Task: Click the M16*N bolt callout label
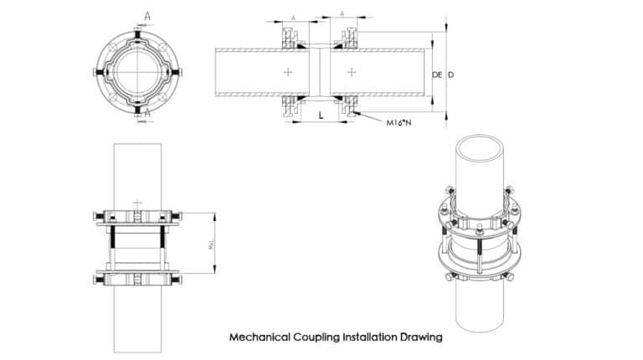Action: pyautogui.click(x=401, y=122)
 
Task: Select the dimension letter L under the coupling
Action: pyautogui.click(x=321, y=116)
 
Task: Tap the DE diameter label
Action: pyautogui.click(x=436, y=75)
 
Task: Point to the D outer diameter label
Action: pyautogui.click(x=451, y=75)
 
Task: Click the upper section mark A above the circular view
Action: pyautogui.click(x=147, y=15)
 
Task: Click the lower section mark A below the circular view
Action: pyautogui.click(x=147, y=111)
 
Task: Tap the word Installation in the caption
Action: pyautogui.click(x=369, y=338)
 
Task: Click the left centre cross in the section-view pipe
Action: pyautogui.click(x=288, y=73)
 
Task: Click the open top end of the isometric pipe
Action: pyautogui.click(x=478, y=147)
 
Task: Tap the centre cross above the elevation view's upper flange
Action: pyautogui.click(x=136, y=203)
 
